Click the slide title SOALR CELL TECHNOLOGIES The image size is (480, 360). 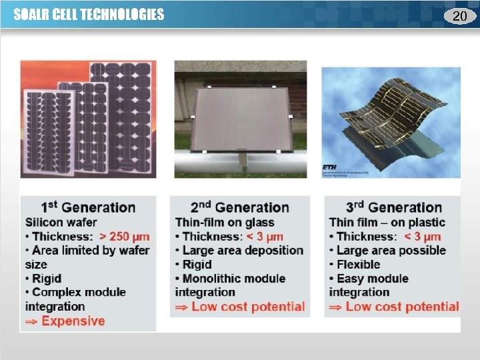click(89, 15)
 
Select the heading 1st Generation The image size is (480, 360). click(88, 208)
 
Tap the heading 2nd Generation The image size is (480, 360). click(240, 208)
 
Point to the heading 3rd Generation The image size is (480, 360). click(394, 208)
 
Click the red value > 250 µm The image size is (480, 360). click(125, 237)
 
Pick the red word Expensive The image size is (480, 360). click(73, 321)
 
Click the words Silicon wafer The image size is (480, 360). click(61, 223)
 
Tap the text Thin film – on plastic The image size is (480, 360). click(387, 223)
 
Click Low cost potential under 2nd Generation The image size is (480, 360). click(248, 307)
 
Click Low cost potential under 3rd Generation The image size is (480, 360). click(402, 307)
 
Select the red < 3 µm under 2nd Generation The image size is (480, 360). click(265, 237)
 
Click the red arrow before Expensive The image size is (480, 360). click(31, 321)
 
